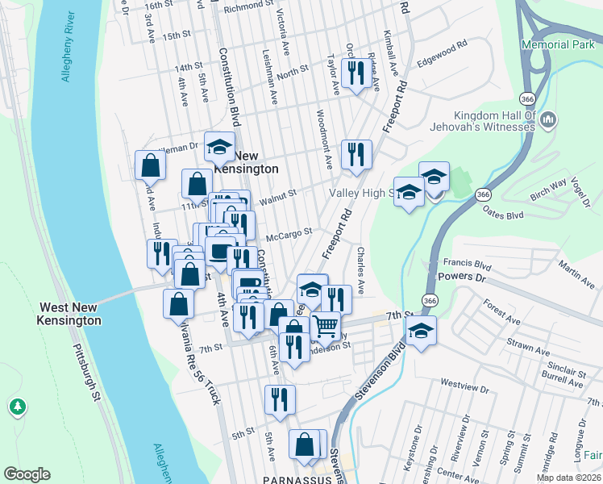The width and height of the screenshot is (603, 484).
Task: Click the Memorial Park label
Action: coord(557,45)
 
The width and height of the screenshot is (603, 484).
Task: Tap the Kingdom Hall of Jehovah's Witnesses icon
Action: coord(549,121)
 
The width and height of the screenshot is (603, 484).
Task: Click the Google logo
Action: coord(27,474)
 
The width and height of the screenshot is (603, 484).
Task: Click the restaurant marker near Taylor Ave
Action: coord(355,74)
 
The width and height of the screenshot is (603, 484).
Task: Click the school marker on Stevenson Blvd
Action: coord(420,332)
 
